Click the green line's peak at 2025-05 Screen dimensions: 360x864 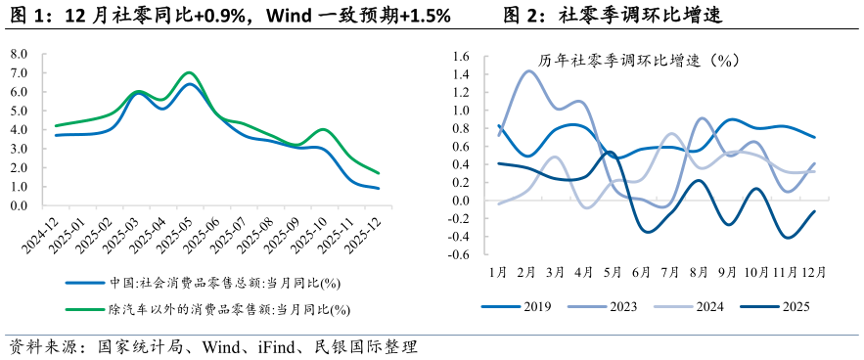pyautogui.click(x=190, y=72)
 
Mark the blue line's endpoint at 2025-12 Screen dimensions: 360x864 pyautogui.click(x=379, y=188)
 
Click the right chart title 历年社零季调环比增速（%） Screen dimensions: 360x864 pyautogui.click(x=642, y=60)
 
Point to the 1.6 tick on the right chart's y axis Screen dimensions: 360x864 pyautogui.click(x=461, y=56)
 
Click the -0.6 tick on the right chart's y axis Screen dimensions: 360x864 pyautogui.click(x=458, y=255)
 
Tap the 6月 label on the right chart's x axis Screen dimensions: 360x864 pyautogui.click(x=643, y=271)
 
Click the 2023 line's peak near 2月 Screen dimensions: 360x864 pyautogui.click(x=529, y=70)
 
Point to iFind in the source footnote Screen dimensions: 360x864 pyautogui.click(x=276, y=346)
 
